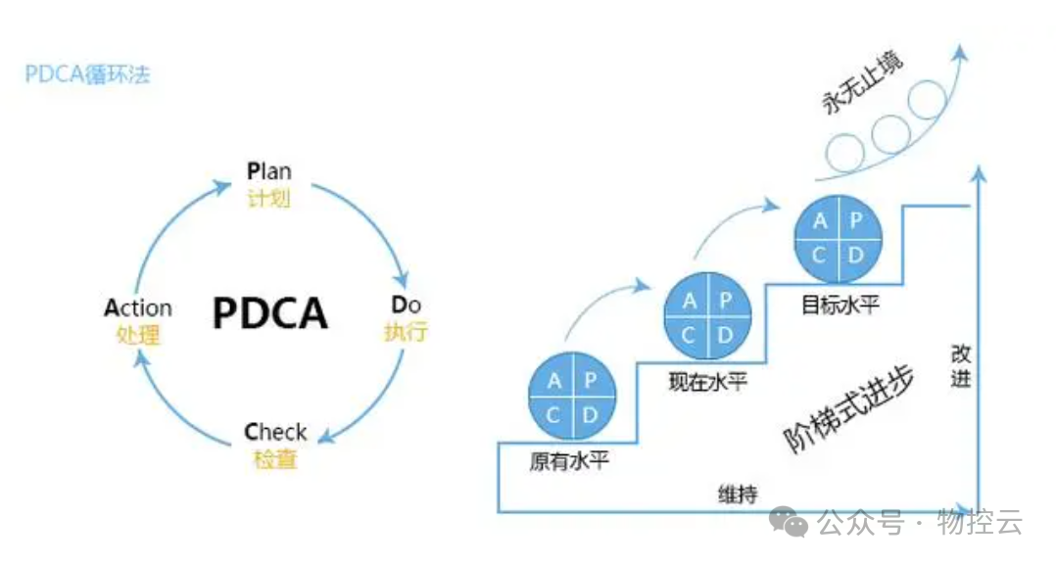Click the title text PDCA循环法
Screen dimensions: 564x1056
coord(87,74)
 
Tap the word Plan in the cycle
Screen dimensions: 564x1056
coord(268,171)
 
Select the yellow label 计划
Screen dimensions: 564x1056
coord(268,198)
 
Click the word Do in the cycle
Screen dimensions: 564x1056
coord(406,305)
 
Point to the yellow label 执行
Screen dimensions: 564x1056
coord(406,331)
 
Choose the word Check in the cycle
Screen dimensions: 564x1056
coord(275,432)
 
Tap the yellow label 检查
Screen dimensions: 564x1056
coord(275,458)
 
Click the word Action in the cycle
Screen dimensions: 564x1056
coord(138,308)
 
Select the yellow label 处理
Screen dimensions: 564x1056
coord(138,335)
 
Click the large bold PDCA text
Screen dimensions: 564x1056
coord(270,313)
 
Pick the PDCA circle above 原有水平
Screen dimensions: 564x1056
coord(572,398)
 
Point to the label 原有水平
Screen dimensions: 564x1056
coord(569,460)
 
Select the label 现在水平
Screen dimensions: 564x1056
coord(707,381)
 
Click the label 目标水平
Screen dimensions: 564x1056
coord(840,305)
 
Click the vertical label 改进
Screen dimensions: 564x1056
coord(961,365)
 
